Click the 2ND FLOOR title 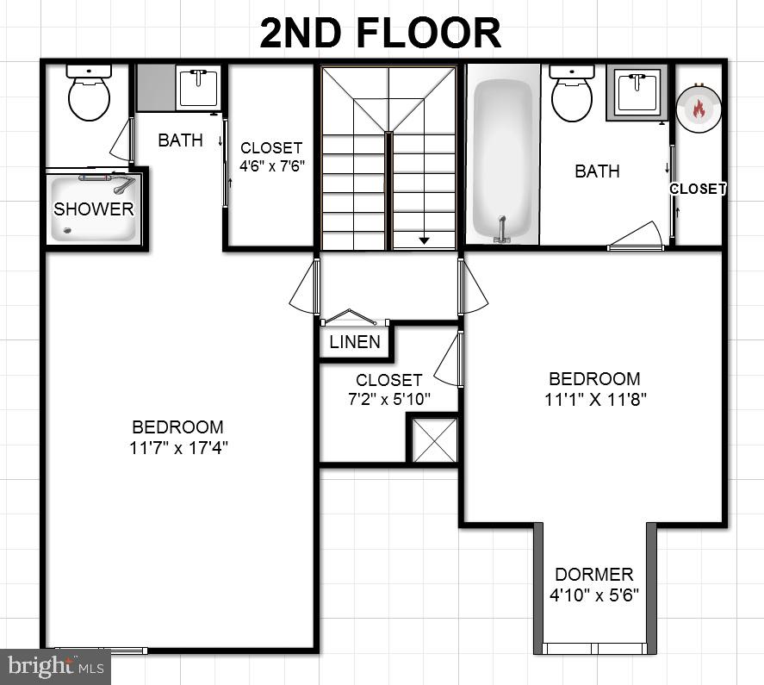tap(381, 33)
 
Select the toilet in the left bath tap(89, 93)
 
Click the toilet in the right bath tap(571, 94)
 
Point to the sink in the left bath tap(198, 87)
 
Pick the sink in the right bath tap(638, 90)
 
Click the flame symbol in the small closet tap(698, 109)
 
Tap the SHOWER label tap(94, 209)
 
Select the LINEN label tap(355, 342)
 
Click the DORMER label tap(594, 575)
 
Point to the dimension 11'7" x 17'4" tap(179, 447)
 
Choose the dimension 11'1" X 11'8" tap(594, 399)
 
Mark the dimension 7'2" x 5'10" tap(388, 399)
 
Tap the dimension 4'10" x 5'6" tap(594, 595)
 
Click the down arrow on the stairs tap(424, 240)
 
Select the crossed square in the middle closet tap(432, 439)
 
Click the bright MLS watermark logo tap(55, 666)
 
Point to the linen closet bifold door tap(349, 316)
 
